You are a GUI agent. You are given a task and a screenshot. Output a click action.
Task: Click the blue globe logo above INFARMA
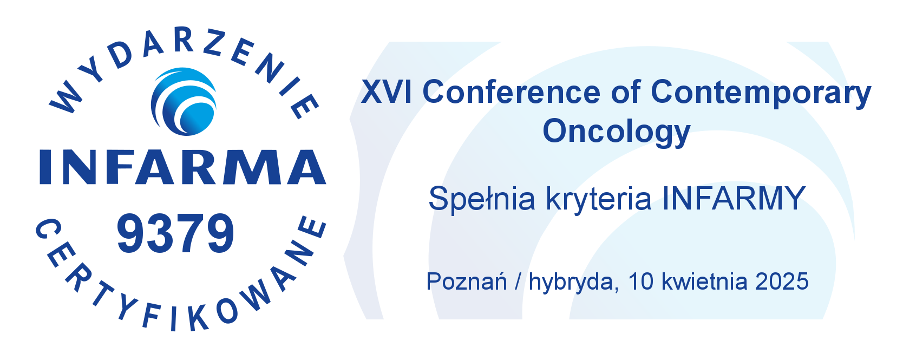(x=184, y=102)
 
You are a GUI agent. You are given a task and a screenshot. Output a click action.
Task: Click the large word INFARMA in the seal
(x=182, y=167)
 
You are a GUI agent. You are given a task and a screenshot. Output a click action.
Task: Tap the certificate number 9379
(x=175, y=233)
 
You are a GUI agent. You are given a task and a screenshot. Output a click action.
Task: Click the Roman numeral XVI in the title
(x=387, y=92)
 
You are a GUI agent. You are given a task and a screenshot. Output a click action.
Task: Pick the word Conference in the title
(x=512, y=92)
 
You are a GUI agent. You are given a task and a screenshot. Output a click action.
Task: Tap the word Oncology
(x=617, y=132)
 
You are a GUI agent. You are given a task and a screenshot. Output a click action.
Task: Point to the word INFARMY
(x=734, y=198)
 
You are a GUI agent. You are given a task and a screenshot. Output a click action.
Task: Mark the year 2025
(x=782, y=282)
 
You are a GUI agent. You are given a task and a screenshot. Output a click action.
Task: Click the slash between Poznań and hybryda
(x=518, y=282)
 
